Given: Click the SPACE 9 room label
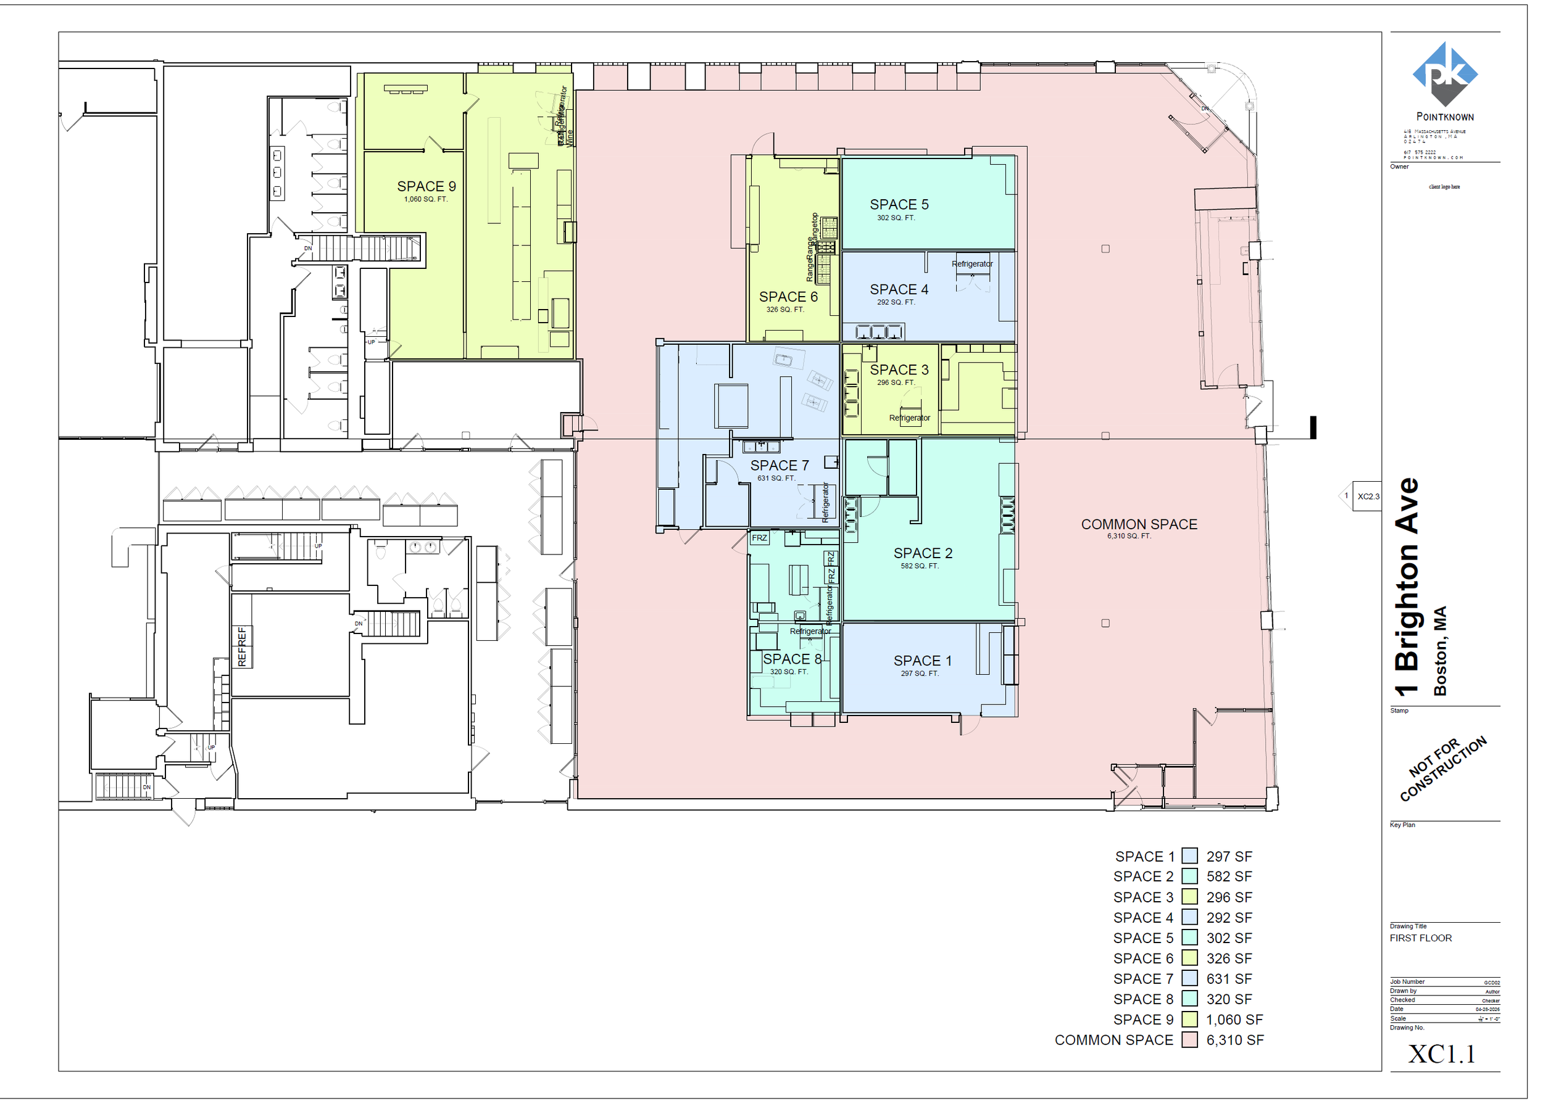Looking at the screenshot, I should coord(426,186).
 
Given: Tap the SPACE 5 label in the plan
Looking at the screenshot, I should coord(899,205).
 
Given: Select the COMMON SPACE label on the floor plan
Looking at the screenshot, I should coord(1139,524).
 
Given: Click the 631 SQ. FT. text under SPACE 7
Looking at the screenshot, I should coord(776,479).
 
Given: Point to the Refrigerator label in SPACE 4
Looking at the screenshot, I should coord(971,265).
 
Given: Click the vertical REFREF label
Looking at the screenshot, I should coord(242,647).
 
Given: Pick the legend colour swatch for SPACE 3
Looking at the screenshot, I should coord(1189,897).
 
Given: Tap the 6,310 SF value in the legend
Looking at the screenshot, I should coord(1234,1040).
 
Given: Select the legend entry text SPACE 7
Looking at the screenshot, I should coord(1143,979).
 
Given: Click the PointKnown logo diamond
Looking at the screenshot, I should coord(1445,73).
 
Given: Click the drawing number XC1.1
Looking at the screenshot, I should coord(1441,1054).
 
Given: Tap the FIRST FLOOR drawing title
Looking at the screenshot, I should coord(1421,938).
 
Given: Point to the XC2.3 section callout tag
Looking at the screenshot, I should coord(1366,497).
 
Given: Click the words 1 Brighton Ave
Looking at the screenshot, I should coord(1407,587).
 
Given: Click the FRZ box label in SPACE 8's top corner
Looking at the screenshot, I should coord(759,538).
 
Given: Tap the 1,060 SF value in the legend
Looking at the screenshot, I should coord(1234,1020).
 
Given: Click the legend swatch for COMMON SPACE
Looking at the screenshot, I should coord(1189,1040).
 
